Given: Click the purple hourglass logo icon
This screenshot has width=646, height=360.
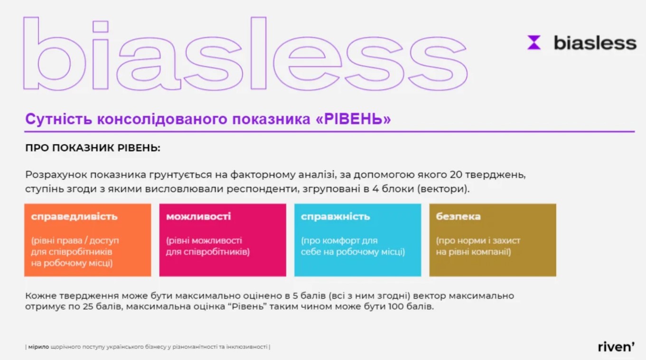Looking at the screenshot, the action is [534, 42].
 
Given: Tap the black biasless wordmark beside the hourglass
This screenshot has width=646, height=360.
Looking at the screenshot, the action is [595, 43].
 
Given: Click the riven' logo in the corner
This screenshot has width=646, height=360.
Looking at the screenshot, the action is [616, 347].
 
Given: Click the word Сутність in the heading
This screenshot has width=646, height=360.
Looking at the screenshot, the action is [58, 119].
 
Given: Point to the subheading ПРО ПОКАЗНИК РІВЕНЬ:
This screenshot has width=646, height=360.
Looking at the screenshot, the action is [93, 148].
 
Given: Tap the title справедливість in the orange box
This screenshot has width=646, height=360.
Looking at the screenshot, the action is [75, 216].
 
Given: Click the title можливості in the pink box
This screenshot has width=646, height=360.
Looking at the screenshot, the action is [198, 216].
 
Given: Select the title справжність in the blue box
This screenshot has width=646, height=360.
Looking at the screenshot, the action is [336, 216].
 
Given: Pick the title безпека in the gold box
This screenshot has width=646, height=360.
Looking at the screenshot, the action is [458, 216].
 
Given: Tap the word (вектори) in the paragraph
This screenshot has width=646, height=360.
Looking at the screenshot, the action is [443, 189].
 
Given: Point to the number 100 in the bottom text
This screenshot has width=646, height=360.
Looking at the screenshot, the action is [396, 306].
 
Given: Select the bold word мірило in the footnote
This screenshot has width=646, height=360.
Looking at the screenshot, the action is [38, 347].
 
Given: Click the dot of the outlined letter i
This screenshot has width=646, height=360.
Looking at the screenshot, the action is [100, 27].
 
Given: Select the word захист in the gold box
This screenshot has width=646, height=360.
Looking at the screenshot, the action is [506, 240].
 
